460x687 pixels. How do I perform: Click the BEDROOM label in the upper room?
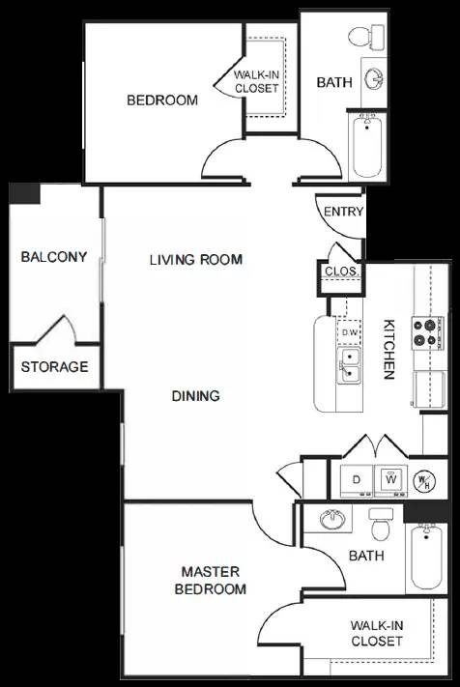pos(162,100)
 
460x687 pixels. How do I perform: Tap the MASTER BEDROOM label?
pos(209,581)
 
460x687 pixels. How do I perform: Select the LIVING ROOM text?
pos(195,259)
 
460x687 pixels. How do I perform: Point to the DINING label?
pos(195,395)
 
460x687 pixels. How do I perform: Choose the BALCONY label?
pos(54,257)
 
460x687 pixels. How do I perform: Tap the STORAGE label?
pos(54,367)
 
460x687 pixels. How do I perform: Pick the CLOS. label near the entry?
pos(341,272)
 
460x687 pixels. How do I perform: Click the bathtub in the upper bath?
pos(367,146)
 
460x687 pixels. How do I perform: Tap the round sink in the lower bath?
pos(334,520)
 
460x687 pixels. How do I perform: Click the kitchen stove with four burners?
pos(426,333)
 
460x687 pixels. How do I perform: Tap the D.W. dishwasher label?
pos(349,332)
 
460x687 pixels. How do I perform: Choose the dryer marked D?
pos(356,479)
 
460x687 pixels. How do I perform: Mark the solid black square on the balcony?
pos(24,193)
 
